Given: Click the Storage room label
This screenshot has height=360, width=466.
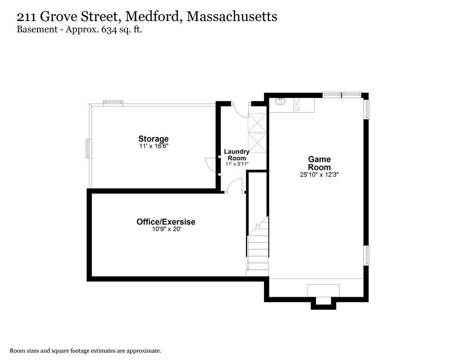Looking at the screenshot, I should (x=153, y=139).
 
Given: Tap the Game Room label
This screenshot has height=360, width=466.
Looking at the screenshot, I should (x=319, y=163).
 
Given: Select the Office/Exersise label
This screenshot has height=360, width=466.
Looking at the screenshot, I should (x=165, y=222).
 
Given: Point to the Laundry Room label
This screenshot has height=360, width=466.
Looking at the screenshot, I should (x=237, y=155).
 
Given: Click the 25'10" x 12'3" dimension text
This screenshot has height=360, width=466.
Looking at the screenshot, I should (x=319, y=174).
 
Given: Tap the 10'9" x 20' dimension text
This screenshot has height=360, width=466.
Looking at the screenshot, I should (x=165, y=230).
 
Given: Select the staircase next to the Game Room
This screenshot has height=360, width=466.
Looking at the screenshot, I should (x=258, y=248).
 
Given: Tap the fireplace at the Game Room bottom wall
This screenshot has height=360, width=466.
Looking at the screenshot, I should (x=323, y=293).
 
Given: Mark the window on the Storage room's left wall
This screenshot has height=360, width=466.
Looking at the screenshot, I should (x=88, y=149).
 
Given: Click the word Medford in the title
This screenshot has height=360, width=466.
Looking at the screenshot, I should (x=153, y=17).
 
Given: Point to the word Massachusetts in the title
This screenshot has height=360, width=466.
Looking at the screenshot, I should (x=232, y=17).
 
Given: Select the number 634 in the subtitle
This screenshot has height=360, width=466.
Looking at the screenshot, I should (x=104, y=30).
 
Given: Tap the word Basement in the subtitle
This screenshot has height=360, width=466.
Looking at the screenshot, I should (x=34, y=30).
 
